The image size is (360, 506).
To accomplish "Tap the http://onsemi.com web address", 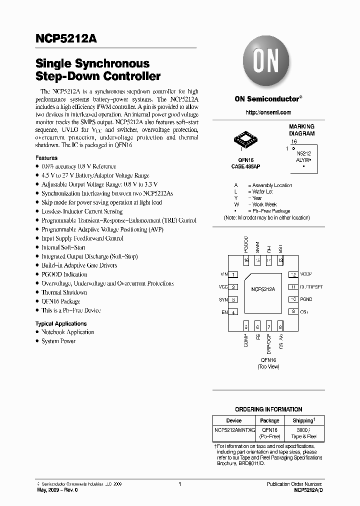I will tap(268, 112).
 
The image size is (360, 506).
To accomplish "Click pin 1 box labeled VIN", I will tap(233, 274).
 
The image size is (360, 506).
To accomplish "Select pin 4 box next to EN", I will tap(233, 312).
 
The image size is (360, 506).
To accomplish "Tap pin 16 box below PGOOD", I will tap(246, 261).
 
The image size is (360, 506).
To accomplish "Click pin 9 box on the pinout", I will tap(293, 311).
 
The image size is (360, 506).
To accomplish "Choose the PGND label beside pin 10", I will tap(306, 299).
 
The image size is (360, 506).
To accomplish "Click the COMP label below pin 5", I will tap(246, 340).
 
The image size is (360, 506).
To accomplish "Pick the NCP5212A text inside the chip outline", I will tap(263, 289).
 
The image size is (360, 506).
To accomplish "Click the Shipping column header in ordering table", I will tap(303, 420).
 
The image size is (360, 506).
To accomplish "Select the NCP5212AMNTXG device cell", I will tap(234, 430).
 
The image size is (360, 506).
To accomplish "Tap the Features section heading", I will tap(46, 158).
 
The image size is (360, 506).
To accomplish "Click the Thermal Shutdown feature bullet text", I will tap(64, 292).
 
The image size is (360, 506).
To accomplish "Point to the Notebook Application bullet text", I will tap(67, 332).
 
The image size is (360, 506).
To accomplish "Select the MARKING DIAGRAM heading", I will tap(302, 130).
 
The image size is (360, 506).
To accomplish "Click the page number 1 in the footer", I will tap(179, 484).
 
